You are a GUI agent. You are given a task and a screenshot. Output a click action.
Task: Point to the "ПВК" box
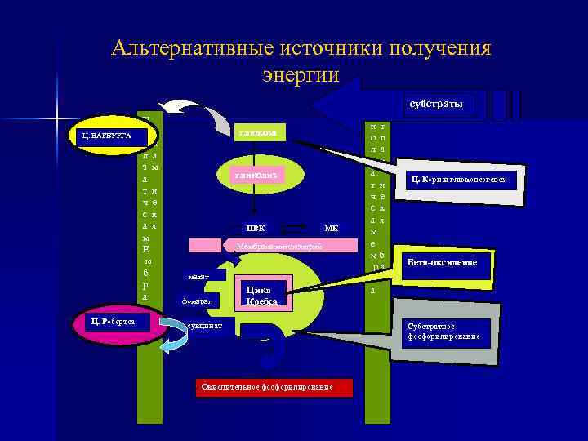(256, 227)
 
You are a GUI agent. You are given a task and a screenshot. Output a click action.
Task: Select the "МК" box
(331, 227)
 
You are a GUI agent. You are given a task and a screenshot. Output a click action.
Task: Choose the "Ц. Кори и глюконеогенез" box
(463, 180)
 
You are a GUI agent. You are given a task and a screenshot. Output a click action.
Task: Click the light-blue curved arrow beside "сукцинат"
(171, 335)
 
